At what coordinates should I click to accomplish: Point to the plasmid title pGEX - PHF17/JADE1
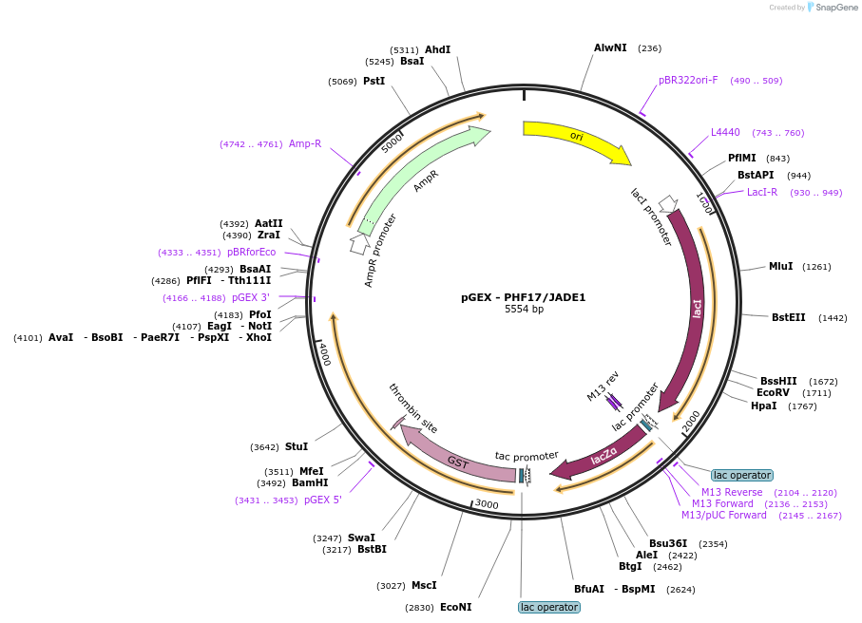point(523,297)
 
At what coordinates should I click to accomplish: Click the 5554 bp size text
point(524,310)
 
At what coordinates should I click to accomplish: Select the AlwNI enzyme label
point(610,47)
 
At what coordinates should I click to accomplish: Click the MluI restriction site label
point(780,267)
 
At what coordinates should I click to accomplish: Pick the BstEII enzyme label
point(788,317)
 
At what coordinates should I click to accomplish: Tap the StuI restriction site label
point(297,446)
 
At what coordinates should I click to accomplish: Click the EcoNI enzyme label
point(456,607)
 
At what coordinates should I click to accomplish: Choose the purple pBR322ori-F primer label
point(688,80)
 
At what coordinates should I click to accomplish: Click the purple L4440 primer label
point(725,132)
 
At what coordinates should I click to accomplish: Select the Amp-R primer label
point(305,144)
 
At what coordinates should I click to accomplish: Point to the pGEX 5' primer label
point(323,500)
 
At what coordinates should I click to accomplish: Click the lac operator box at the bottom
point(549,607)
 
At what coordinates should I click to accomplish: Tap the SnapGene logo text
point(835,8)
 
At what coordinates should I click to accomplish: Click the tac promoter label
point(527,456)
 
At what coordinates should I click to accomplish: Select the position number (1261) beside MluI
point(817,267)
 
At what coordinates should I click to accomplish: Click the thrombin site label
point(413,408)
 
